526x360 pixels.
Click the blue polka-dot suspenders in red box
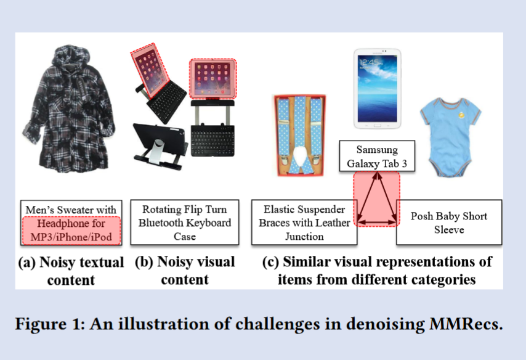coord(299,136)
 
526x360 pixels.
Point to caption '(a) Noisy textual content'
coord(70,271)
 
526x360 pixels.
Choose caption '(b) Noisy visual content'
coord(185,271)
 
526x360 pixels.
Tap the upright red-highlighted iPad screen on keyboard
coord(212,79)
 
